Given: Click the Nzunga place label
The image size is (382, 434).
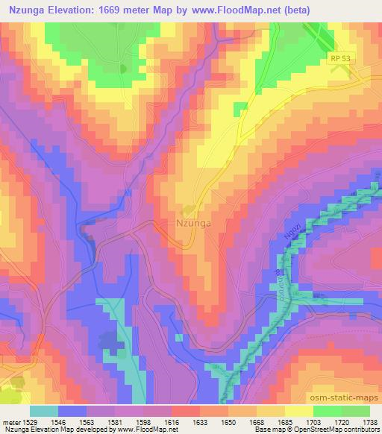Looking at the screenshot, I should [197, 221].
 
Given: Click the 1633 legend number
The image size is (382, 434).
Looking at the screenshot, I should [199, 421].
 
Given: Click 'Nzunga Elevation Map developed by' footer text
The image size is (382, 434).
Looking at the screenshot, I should [51, 430].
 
